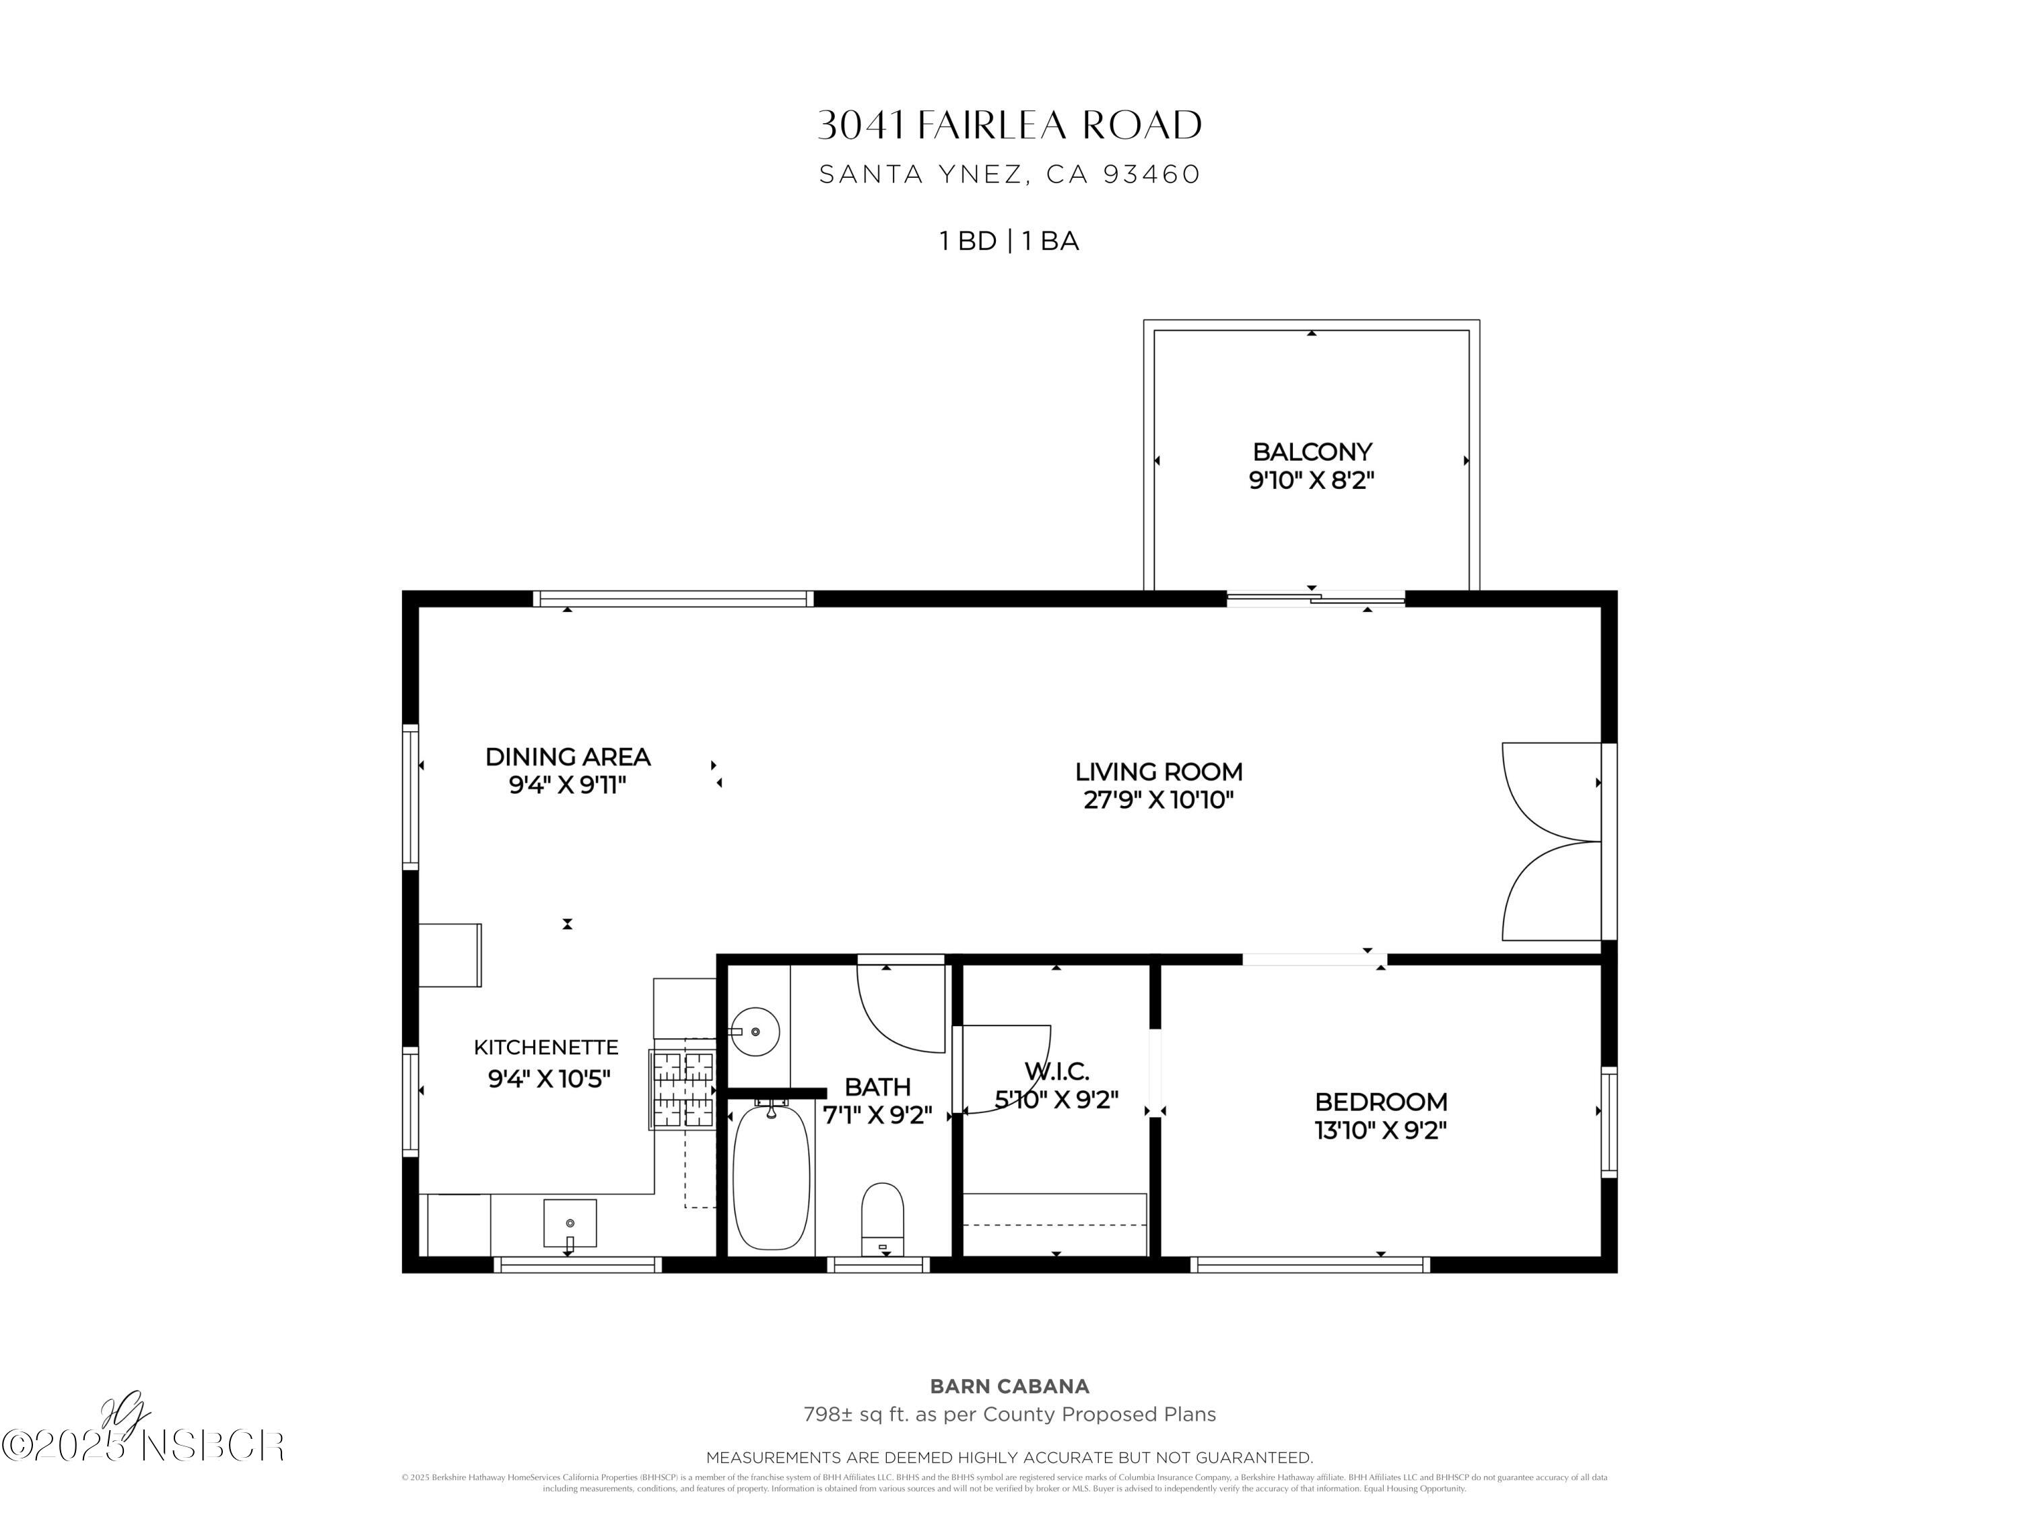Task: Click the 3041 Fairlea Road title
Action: point(1009,125)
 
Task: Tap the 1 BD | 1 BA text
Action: point(1009,241)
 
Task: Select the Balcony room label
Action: point(1312,452)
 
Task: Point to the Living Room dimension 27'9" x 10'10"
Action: point(1158,800)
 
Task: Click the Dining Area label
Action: point(567,757)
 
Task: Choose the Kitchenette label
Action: point(546,1048)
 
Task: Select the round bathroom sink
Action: point(755,1032)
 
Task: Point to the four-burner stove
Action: point(682,1089)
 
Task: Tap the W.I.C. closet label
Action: point(1056,1071)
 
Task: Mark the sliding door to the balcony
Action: point(1315,599)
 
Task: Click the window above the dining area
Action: point(673,599)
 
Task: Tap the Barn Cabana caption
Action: point(1009,1386)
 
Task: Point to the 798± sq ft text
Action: point(1009,1415)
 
